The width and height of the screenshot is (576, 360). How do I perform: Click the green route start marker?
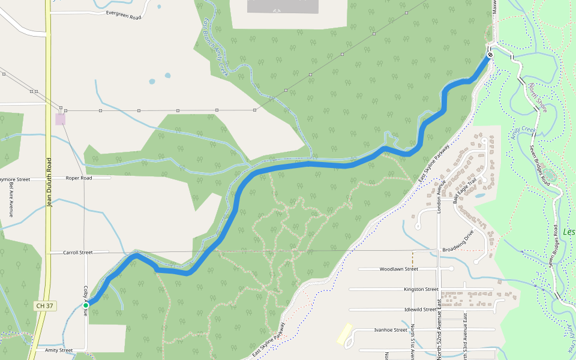(x=86, y=306)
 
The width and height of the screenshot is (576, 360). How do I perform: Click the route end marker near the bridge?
(x=490, y=55)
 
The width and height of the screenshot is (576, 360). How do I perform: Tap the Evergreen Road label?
(x=123, y=14)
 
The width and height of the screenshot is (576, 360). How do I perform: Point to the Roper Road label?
(x=79, y=178)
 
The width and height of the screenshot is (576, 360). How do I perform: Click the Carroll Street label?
(x=78, y=253)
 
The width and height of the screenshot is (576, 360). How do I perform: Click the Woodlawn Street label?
(x=398, y=269)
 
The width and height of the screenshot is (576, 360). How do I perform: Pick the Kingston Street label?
(x=421, y=289)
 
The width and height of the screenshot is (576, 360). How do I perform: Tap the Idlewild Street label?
(x=421, y=310)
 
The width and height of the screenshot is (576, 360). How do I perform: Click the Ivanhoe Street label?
(x=391, y=330)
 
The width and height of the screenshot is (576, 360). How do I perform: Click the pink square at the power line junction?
(x=60, y=119)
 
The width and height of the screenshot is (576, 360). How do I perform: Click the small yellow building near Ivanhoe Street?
(x=344, y=334)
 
